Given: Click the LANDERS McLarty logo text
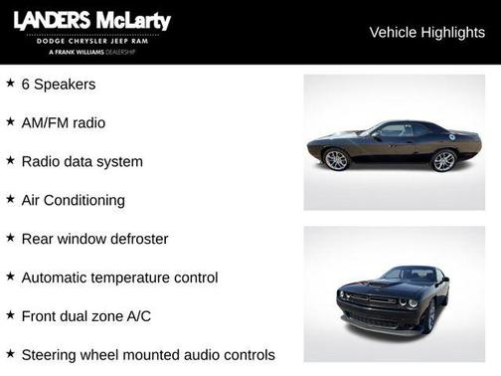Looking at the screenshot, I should pos(91,21).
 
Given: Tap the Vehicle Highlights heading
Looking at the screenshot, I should pos(426,32).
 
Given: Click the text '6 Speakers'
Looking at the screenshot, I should pos(59,85).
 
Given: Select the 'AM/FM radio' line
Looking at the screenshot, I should pos(64,123).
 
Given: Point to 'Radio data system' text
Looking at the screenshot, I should pos(82,161).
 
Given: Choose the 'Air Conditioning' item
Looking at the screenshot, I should pos(74,200).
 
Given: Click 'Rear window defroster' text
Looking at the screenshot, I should pos(94,239).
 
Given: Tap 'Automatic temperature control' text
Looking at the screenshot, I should pos(119,278).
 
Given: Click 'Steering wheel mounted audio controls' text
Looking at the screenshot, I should pos(148,354).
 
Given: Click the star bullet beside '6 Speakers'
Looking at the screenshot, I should pos(10,84).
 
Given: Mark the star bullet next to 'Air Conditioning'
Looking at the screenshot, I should pos(10,199).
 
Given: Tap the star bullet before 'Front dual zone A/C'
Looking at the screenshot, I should pos(10,315).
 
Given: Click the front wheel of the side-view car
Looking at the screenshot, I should pos(337,159).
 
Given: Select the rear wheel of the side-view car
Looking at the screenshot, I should pos(443,160).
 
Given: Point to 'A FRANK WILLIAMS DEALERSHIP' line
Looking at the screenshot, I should pos(91,51).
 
